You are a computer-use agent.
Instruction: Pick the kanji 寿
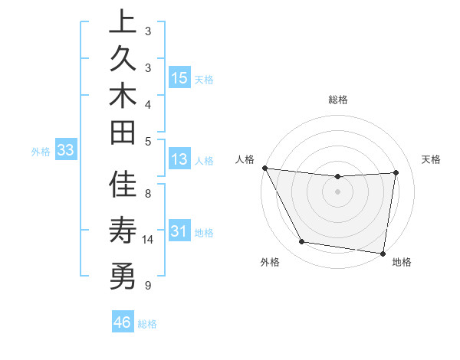pyautogui.click(x=123, y=231)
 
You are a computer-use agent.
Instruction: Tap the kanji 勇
pyautogui.click(x=123, y=273)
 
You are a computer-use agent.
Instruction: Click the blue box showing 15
pyautogui.click(x=179, y=77)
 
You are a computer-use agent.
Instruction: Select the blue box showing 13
pyautogui.click(x=179, y=159)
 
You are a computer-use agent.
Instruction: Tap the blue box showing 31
pyautogui.click(x=179, y=231)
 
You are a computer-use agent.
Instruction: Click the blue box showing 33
pyautogui.click(x=65, y=150)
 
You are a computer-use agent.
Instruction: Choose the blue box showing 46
pyautogui.click(x=123, y=322)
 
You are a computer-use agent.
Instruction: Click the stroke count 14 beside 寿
pyautogui.click(x=148, y=240)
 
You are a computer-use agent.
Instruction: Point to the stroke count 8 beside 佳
pyautogui.click(x=148, y=194)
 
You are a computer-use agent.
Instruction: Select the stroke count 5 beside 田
pyautogui.click(x=148, y=140)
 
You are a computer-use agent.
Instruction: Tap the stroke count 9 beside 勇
pyautogui.click(x=148, y=286)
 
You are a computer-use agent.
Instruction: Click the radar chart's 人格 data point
pyautogui.click(x=264, y=168)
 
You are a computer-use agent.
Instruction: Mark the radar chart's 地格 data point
pyautogui.click(x=383, y=252)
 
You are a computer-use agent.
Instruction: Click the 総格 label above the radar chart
pyautogui.click(x=337, y=100)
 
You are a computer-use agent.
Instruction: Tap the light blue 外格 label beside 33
pyautogui.click(x=41, y=152)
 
